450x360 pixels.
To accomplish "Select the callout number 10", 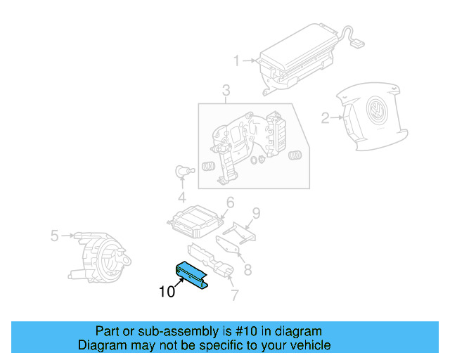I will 166,291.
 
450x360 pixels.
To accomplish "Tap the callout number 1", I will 237,60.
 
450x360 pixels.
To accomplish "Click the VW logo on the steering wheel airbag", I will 378,113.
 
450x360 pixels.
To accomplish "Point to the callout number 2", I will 325,118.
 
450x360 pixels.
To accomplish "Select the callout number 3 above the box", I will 226,90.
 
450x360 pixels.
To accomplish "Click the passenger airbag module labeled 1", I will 295,60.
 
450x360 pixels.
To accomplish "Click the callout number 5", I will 54,236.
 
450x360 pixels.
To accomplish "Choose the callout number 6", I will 229,204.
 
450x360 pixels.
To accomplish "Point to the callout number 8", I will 247,269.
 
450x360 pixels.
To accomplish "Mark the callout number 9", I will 256,212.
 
